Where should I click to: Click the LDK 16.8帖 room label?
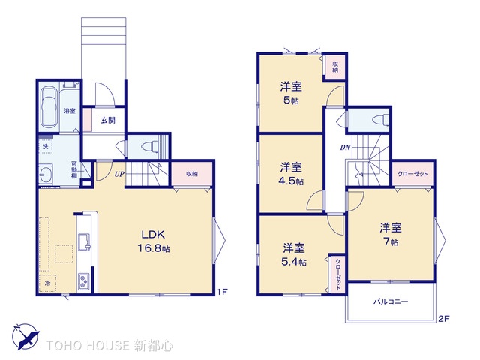tap(153, 241)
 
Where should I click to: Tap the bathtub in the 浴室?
tap(49, 107)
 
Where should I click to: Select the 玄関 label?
tap(108, 121)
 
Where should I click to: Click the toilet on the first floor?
tap(150, 147)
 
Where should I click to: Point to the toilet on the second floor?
tap(380, 120)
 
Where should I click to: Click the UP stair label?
tap(119, 174)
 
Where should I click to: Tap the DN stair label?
tap(345, 148)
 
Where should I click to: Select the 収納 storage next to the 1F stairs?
tap(192, 174)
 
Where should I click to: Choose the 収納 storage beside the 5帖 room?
tap(335, 67)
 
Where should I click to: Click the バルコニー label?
tap(391, 301)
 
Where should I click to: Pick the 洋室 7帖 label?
tap(391, 235)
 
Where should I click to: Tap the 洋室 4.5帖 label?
tap(291, 174)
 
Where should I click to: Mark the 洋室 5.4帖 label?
tap(294, 255)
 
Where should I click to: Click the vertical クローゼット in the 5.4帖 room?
tap(337, 274)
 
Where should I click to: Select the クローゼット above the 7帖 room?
tap(412, 174)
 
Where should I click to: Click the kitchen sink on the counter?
tap(85, 241)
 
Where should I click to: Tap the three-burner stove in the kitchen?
tap(84, 281)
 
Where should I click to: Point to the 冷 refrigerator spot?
tap(47, 283)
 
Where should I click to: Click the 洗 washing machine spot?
tap(46, 146)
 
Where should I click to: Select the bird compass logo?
tap(25, 336)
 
